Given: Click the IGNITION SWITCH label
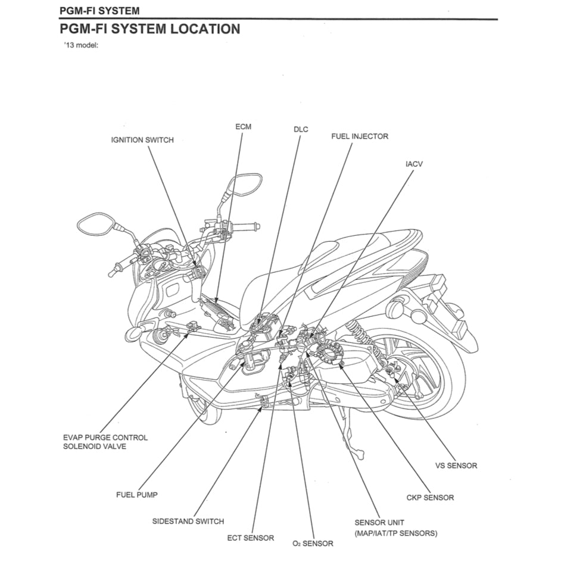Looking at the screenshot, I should coord(142,140).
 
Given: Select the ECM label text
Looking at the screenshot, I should coord(243,127).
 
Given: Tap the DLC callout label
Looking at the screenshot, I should coord(301,129).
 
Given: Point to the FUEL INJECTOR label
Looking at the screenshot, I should coord(359,136).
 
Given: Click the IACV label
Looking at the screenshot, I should coord(414,164).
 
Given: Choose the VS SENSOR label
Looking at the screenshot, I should coord(456,466).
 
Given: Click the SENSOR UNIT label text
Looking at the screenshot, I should coord(379,523).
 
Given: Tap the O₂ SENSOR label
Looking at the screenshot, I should coord(313,543).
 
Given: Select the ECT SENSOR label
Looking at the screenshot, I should coord(250,538).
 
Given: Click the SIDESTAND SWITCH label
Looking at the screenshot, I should coord(188,521).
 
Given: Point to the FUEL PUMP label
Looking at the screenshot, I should coord(137,495).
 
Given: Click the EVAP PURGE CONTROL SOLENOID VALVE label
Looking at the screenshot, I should coord(105,442).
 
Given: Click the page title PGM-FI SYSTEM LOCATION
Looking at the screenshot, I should coord(150,29).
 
